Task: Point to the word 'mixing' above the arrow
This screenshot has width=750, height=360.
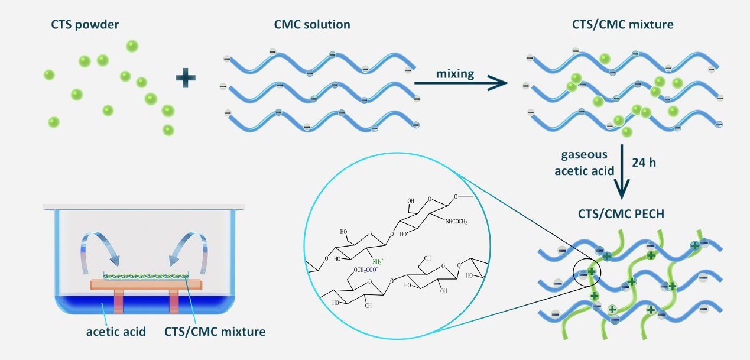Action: (455, 73)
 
